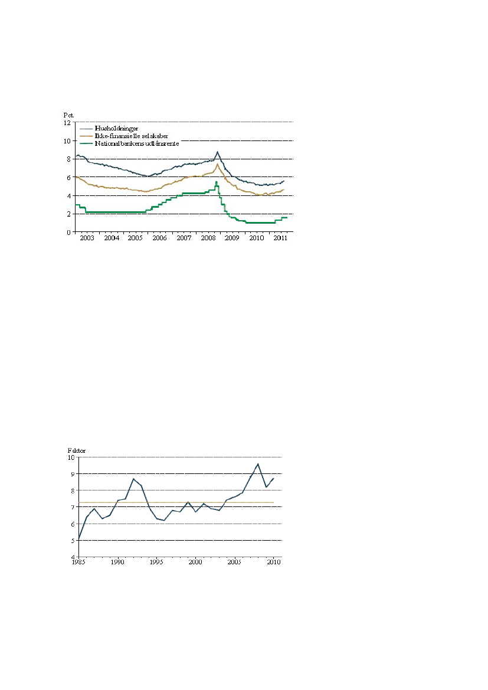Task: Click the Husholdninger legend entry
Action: click(116, 128)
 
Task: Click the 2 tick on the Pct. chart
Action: click(68, 214)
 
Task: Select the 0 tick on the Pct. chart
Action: click(68, 233)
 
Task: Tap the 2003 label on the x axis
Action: click(87, 238)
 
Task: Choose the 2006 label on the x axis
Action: click(159, 238)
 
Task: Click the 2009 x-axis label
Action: click(232, 238)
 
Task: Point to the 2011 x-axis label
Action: click(280, 238)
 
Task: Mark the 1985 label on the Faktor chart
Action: click(78, 563)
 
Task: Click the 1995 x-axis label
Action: click(156, 563)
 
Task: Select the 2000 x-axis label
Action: click(195, 563)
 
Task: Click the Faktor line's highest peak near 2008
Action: click(258, 464)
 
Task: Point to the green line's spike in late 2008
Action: click(217, 182)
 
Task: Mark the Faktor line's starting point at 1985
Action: click(79, 538)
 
